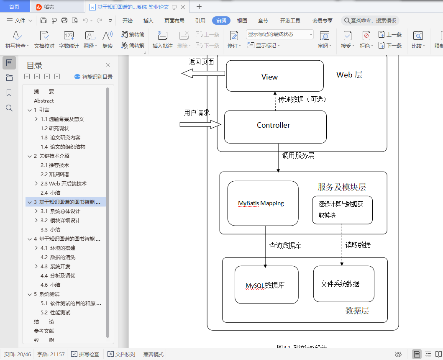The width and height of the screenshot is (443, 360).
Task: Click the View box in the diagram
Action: [x=274, y=76]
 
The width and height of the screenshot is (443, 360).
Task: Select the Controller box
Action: [x=275, y=126]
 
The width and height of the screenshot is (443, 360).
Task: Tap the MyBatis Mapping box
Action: [x=263, y=203]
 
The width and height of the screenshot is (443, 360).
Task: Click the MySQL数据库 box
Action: [x=266, y=285]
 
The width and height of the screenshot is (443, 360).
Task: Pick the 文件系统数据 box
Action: [x=343, y=283]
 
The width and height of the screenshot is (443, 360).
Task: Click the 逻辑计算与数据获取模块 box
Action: [x=342, y=210]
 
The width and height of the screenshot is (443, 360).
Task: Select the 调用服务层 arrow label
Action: [x=298, y=155]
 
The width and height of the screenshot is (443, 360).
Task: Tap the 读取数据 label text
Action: [x=358, y=245]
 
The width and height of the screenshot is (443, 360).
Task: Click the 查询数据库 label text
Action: [x=285, y=245]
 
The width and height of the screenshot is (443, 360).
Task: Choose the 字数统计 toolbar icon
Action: [x=69, y=40]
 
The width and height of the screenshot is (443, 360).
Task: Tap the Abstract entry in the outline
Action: [x=44, y=100]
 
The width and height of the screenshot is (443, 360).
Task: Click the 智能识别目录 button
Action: [x=93, y=77]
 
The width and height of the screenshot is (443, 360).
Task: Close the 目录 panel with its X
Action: [x=108, y=65]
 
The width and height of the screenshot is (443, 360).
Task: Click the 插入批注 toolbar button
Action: [x=162, y=40]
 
